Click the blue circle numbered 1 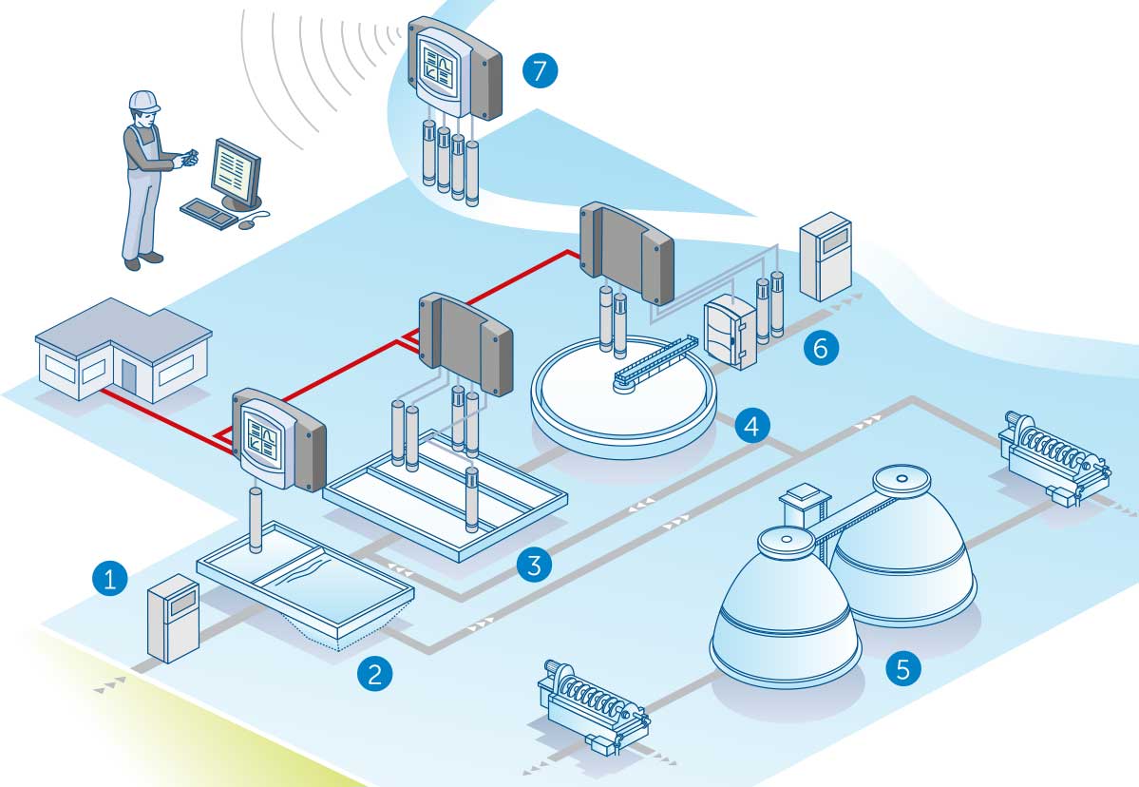click(x=111, y=578)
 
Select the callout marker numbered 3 click(x=534, y=566)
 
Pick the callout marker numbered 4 click(x=751, y=425)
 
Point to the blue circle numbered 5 click(x=902, y=668)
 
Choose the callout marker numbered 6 click(x=821, y=348)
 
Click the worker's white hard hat click(x=142, y=100)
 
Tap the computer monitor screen click(x=234, y=172)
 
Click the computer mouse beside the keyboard click(x=248, y=225)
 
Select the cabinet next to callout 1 click(x=172, y=618)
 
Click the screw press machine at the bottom click(x=594, y=709)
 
